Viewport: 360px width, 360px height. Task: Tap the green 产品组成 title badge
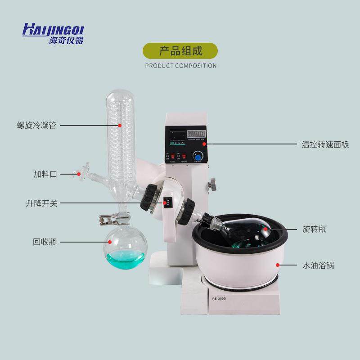pyautogui.click(x=180, y=50)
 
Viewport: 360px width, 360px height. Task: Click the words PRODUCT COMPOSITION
pyautogui.click(x=180, y=66)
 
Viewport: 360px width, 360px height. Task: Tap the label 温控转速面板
pyautogui.click(x=325, y=145)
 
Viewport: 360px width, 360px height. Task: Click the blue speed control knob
pyautogui.click(x=197, y=156)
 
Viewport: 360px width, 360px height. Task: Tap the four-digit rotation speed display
pyautogui.click(x=196, y=134)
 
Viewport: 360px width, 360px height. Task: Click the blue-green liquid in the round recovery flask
pyautogui.click(x=126, y=259)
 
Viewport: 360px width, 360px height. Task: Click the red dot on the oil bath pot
pyautogui.click(x=278, y=265)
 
